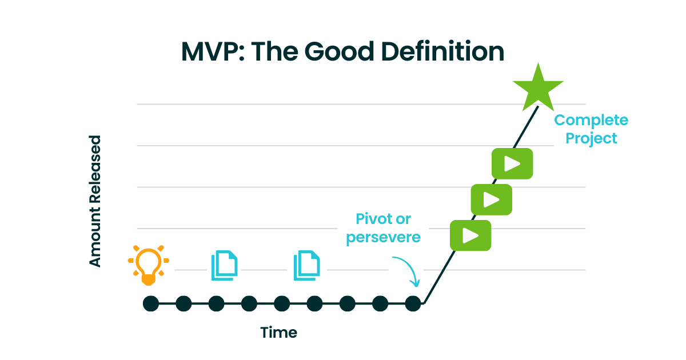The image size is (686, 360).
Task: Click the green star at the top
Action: tap(538, 89)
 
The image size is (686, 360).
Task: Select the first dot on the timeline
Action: tap(150, 303)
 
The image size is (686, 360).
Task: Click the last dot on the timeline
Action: tap(413, 303)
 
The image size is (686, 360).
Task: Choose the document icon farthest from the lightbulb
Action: tap(306, 265)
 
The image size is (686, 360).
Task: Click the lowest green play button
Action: tap(470, 235)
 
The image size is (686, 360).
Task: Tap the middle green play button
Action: tap(491, 199)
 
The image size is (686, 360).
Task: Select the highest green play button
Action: tap(512, 163)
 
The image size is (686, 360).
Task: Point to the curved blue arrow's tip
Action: tap(417, 285)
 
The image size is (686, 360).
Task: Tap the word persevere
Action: tap(383, 237)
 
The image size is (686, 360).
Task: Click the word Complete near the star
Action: tap(591, 121)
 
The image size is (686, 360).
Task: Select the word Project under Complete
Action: tap(591, 138)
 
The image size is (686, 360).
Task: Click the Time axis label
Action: tap(279, 332)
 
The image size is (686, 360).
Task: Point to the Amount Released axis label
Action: tap(95, 201)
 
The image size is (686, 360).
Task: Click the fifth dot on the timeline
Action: tap(282, 303)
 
